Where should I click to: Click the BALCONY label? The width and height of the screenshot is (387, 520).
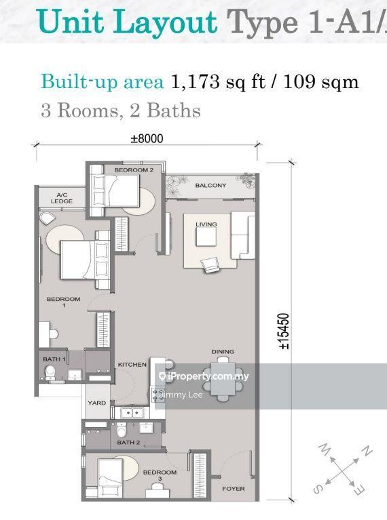click(x=210, y=185)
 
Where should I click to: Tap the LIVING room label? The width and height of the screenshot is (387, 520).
click(x=205, y=224)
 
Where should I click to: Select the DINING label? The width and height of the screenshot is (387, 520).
click(x=223, y=351)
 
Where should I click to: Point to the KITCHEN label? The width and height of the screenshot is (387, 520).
click(x=132, y=365)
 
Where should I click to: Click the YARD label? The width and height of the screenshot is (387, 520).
click(x=96, y=403)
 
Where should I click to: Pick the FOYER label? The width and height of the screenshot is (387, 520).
click(x=233, y=489)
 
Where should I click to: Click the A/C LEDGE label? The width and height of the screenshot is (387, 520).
click(x=61, y=197)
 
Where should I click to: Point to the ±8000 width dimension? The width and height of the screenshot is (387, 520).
click(x=147, y=139)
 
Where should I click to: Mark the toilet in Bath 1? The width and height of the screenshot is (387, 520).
click(x=50, y=371)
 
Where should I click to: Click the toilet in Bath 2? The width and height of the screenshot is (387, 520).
click(x=122, y=429)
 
